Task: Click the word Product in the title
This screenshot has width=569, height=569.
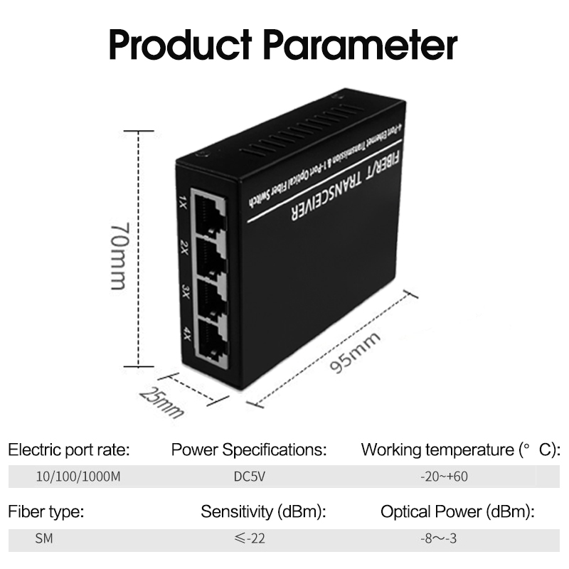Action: [x=181, y=45]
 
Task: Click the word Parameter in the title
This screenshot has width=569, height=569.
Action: [x=361, y=45]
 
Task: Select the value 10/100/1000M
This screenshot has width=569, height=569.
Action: [x=78, y=477]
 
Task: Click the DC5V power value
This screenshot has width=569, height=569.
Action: [x=249, y=477]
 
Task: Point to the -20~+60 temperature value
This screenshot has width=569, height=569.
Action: [x=444, y=477]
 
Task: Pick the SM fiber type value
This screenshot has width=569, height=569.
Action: [x=43, y=538]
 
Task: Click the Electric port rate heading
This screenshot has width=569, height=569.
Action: [x=69, y=450]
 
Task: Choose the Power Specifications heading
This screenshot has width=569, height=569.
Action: [x=249, y=450]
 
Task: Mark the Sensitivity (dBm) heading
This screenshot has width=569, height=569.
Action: [x=263, y=511]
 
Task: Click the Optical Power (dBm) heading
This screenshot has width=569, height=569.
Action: [x=457, y=511]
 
